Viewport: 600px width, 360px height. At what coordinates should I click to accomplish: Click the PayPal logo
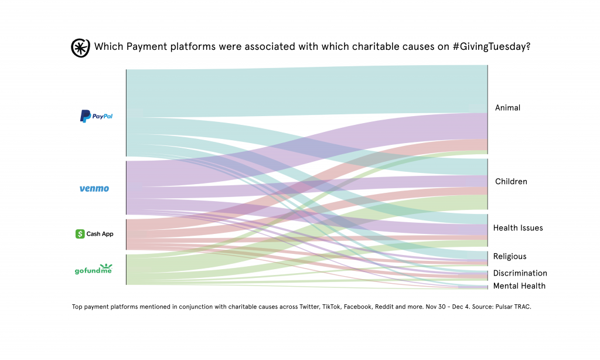pos(96,116)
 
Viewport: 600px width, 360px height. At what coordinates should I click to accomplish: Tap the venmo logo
pos(94,189)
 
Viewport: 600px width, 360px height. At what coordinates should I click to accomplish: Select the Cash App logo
pos(94,234)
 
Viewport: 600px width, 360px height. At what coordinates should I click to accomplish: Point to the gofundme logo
pos(93,269)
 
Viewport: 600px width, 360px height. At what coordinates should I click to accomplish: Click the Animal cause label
pos(507,108)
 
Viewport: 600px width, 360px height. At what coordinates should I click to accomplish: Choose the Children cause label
pos(511,182)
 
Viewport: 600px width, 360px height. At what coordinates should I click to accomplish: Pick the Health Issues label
pos(518,228)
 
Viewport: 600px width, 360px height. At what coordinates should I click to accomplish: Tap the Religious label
pos(510,257)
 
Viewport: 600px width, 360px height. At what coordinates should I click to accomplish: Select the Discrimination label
pos(520,273)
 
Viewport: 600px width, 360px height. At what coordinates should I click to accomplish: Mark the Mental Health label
pos(519,286)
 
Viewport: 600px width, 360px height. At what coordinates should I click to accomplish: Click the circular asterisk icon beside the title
pos(80,47)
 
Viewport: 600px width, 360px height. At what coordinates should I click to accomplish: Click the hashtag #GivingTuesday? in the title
pos(492,47)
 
